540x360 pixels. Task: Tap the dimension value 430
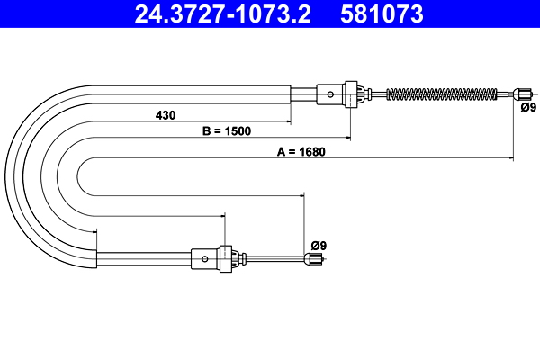click(165, 114)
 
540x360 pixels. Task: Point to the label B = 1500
click(226, 131)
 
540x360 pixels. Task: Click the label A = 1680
click(301, 151)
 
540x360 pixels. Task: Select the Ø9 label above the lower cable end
click(318, 246)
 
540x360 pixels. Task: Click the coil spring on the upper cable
click(441, 93)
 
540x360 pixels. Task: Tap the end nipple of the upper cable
click(521, 93)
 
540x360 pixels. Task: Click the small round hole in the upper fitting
click(332, 93)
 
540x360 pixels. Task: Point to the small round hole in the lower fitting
click(205, 259)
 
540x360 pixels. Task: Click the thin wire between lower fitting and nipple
click(274, 259)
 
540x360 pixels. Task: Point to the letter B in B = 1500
click(206, 131)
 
